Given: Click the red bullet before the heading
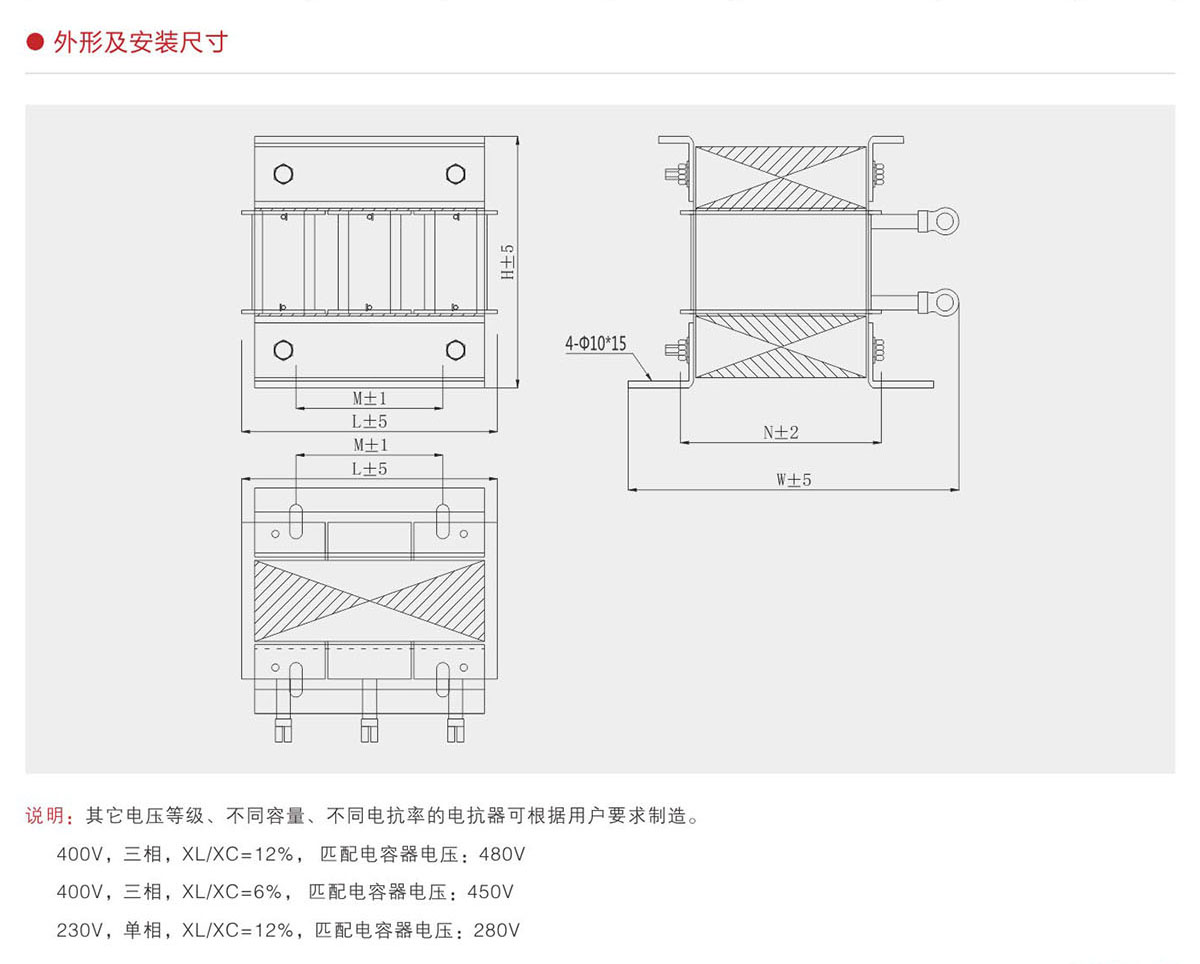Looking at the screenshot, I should (x=35, y=43).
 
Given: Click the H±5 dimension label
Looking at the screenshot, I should (x=507, y=261).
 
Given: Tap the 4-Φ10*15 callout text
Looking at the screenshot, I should (x=596, y=344).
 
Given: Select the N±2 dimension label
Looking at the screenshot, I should (x=781, y=432).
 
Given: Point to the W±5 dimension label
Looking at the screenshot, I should (x=794, y=480).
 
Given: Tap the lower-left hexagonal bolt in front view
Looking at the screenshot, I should (x=283, y=350).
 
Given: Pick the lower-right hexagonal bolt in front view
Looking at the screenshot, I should (x=456, y=350).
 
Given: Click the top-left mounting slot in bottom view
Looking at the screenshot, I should (x=297, y=521).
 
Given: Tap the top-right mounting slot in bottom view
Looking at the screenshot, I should (x=443, y=521).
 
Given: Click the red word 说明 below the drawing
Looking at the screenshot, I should (x=43, y=816).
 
